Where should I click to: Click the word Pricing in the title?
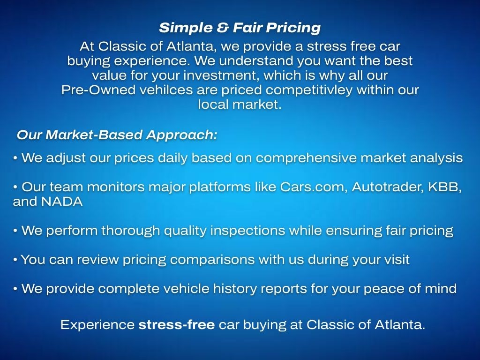click(x=293, y=28)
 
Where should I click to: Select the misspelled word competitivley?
click(x=309, y=90)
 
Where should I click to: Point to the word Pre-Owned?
click(x=98, y=90)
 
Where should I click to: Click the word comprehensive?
click(x=306, y=158)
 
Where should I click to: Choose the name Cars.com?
click(x=314, y=187)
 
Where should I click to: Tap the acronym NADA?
click(x=62, y=202)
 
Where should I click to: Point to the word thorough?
click(x=131, y=231)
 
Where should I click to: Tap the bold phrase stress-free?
click(x=177, y=324)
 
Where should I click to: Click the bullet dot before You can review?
click(x=15, y=260)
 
